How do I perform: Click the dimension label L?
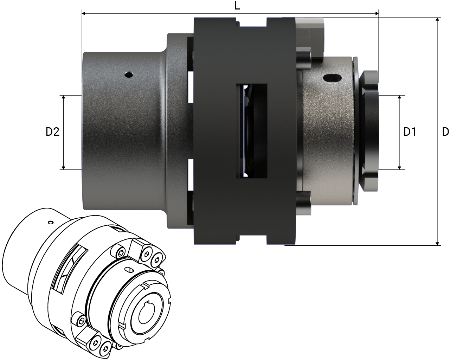coord(238,6)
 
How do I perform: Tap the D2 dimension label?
coord(52,132)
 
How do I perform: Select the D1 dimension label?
coord(410,132)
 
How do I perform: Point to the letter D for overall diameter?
coord(445,132)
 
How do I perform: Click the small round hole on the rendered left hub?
coord(129,75)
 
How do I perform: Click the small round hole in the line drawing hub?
coord(51,222)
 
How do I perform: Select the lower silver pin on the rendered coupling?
coord(304,203)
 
